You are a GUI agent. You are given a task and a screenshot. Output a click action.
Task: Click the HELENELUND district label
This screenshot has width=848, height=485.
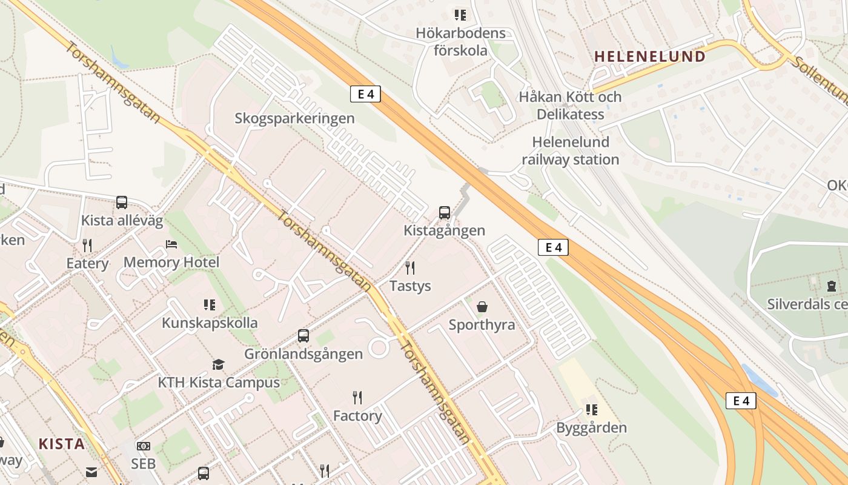649,56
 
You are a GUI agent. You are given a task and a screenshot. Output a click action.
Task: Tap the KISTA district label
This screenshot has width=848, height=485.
61,444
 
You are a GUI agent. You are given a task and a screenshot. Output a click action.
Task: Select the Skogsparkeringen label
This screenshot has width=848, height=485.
294,118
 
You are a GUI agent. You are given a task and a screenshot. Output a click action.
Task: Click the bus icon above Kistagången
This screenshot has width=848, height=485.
445,212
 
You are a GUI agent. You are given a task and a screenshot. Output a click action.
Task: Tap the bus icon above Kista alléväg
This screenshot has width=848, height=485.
122,202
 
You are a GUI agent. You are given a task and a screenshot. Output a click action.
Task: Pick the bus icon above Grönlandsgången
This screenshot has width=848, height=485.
303,335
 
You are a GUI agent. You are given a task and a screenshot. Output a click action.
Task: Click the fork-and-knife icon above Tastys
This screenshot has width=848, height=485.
410,267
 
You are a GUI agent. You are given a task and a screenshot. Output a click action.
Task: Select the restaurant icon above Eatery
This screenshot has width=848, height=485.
87,246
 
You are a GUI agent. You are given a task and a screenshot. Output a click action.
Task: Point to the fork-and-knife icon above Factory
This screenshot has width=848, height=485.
357,398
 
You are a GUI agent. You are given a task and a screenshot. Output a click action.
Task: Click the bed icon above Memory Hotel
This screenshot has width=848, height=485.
171,244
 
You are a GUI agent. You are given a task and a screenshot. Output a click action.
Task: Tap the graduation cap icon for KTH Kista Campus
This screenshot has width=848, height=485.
218,364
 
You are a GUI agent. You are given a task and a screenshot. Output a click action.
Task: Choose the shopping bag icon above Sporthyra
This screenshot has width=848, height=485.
482,307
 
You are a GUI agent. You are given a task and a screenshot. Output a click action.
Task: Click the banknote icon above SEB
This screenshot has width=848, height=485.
144,446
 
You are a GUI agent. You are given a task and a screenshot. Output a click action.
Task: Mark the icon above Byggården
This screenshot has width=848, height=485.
591,410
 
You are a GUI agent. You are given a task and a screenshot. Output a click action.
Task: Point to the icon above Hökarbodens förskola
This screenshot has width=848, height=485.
460,15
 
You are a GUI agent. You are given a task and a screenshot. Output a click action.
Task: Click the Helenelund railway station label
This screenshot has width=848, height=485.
570,151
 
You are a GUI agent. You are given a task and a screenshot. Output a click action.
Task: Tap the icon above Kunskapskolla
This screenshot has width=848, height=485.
210,304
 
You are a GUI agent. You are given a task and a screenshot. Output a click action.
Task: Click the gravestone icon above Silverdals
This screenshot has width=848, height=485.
831,286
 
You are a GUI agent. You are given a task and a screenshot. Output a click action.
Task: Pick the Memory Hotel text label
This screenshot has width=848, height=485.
171,263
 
